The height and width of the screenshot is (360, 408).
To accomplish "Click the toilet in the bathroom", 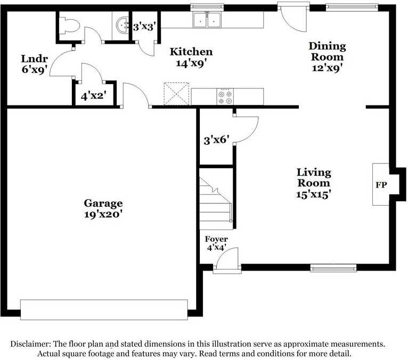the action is pyautogui.click(x=69, y=25).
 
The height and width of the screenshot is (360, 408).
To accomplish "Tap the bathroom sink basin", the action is pyautogui.click(x=123, y=25).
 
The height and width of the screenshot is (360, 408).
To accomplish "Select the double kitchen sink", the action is pyautogui.click(x=207, y=20).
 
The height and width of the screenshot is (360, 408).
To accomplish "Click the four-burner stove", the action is pyautogui.click(x=225, y=97).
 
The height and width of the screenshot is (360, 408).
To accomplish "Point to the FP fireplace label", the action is pyautogui.click(x=381, y=185).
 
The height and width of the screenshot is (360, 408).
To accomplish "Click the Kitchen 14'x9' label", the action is pyautogui.click(x=191, y=57).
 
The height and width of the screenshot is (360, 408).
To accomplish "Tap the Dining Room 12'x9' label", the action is pyautogui.click(x=328, y=56).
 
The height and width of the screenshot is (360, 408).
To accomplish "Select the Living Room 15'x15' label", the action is pyautogui.click(x=314, y=183).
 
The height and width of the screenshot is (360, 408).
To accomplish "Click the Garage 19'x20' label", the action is pyautogui.click(x=103, y=209).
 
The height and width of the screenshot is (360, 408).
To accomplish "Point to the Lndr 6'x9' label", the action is pyautogui.click(x=35, y=64).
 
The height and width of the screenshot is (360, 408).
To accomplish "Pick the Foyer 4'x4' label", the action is pyautogui.click(x=216, y=243).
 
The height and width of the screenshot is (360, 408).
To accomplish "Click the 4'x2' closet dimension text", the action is pyautogui.click(x=94, y=96).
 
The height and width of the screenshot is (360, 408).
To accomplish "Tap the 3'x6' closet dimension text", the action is pyautogui.click(x=216, y=141).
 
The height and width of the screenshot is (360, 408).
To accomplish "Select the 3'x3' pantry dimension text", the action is pyautogui.click(x=145, y=27).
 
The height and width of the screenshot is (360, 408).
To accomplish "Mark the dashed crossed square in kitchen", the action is pyautogui.click(x=176, y=94).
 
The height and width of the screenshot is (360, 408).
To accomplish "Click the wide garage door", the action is pyautogui.click(x=104, y=309).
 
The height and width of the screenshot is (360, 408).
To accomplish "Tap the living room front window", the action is pyautogui.click(x=333, y=268).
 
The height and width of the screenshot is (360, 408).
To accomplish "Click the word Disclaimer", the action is pyautogui.click(x=30, y=344).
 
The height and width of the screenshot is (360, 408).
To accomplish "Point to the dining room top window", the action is pyautogui.click(x=352, y=7).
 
